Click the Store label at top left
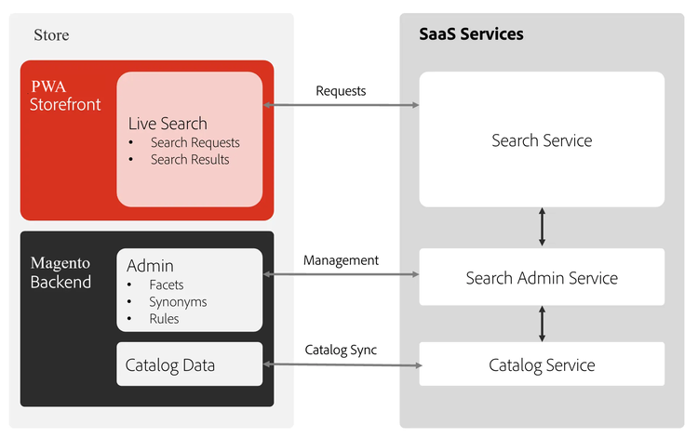[51, 35]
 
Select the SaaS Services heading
[471, 34]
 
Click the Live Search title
[168, 124]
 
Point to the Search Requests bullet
[195, 142]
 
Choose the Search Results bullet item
[190, 159]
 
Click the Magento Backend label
[61, 272]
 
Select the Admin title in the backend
[150, 266]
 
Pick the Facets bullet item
[167, 285]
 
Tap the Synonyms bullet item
[178, 301]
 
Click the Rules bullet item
[164, 318]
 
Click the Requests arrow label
[341, 90]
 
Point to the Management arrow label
[341, 260]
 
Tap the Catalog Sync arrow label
[341, 350]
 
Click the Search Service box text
[542, 140]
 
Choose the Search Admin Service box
[542, 277]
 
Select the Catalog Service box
[542, 364]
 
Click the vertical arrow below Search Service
[542, 227]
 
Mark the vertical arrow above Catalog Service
[542, 323]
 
